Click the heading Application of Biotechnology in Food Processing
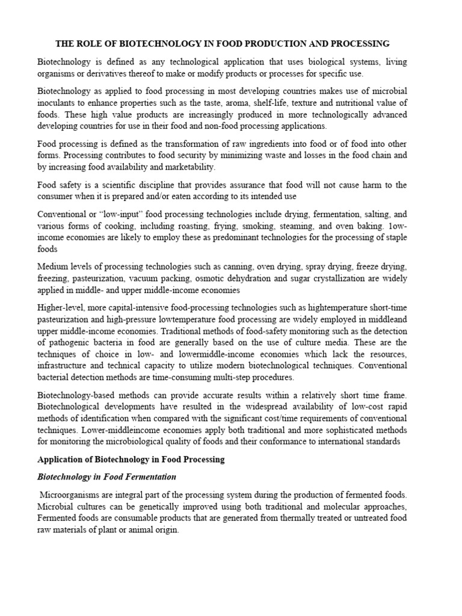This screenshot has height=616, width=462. (x=131, y=460)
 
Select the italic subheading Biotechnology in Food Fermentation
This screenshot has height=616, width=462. (x=106, y=477)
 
